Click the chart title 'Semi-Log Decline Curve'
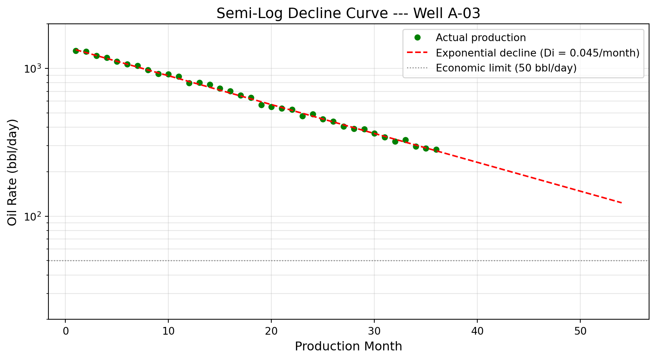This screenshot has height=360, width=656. (x=348, y=14)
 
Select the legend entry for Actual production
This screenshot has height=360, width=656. (x=480, y=38)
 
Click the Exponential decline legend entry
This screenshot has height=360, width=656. (x=537, y=53)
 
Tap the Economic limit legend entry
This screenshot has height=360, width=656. (x=506, y=68)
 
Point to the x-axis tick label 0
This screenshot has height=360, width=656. (x=65, y=331)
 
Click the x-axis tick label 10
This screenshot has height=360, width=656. (x=168, y=331)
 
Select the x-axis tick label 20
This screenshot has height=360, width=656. (x=271, y=331)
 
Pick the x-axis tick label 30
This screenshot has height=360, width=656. (x=374, y=331)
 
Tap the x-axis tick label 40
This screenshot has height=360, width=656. (x=477, y=331)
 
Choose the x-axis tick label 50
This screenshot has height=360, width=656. (x=580, y=331)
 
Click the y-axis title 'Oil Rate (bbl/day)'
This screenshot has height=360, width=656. (x=13, y=172)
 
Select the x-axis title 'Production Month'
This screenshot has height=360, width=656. (x=348, y=347)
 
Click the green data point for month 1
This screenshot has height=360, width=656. (x=76, y=51)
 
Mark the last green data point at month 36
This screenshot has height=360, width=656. (x=436, y=149)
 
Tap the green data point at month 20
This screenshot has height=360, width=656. (x=271, y=107)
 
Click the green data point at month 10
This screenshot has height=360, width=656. (x=168, y=74)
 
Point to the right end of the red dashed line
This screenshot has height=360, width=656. (x=621, y=202)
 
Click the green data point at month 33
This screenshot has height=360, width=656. (x=405, y=140)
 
